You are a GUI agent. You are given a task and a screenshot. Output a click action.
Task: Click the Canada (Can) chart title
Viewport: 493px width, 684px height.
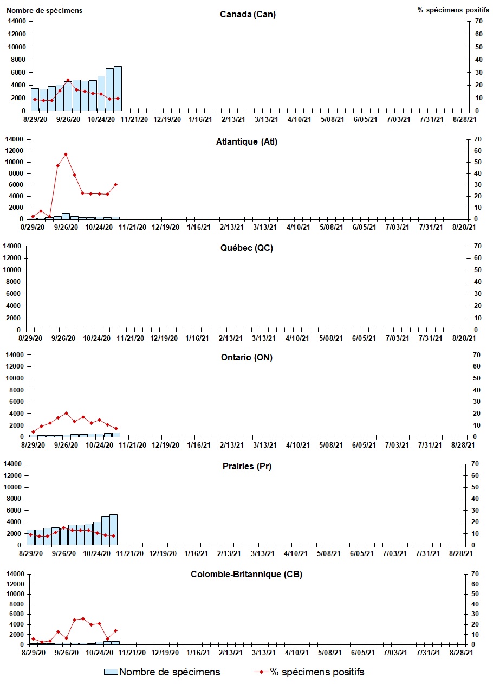click(x=248, y=14)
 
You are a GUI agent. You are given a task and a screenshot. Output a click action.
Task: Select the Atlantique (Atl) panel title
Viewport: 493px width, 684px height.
click(x=246, y=142)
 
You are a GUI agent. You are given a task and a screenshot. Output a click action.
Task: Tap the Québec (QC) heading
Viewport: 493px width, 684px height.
click(x=246, y=248)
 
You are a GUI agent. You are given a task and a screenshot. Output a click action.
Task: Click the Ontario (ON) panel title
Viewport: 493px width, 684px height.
click(x=246, y=357)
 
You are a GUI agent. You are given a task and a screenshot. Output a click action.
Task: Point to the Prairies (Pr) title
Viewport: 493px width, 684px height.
click(x=246, y=466)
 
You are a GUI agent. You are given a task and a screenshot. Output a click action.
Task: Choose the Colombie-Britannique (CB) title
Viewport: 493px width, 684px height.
click(x=246, y=574)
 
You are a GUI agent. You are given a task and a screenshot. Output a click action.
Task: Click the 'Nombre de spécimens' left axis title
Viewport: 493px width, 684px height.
click(x=44, y=10)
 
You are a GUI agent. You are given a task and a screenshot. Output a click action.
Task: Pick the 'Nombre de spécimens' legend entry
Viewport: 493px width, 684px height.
click(x=163, y=672)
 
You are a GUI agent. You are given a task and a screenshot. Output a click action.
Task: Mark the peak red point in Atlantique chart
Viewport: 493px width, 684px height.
click(x=66, y=154)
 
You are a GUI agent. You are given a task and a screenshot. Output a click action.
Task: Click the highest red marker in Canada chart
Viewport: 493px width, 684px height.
click(x=68, y=80)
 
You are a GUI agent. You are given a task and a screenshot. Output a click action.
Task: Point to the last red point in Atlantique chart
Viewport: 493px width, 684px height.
click(x=115, y=184)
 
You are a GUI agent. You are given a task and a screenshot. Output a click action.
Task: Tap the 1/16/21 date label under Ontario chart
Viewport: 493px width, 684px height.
click(x=199, y=445)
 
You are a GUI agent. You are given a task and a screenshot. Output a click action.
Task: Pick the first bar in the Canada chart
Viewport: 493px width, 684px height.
click(x=35, y=99)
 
